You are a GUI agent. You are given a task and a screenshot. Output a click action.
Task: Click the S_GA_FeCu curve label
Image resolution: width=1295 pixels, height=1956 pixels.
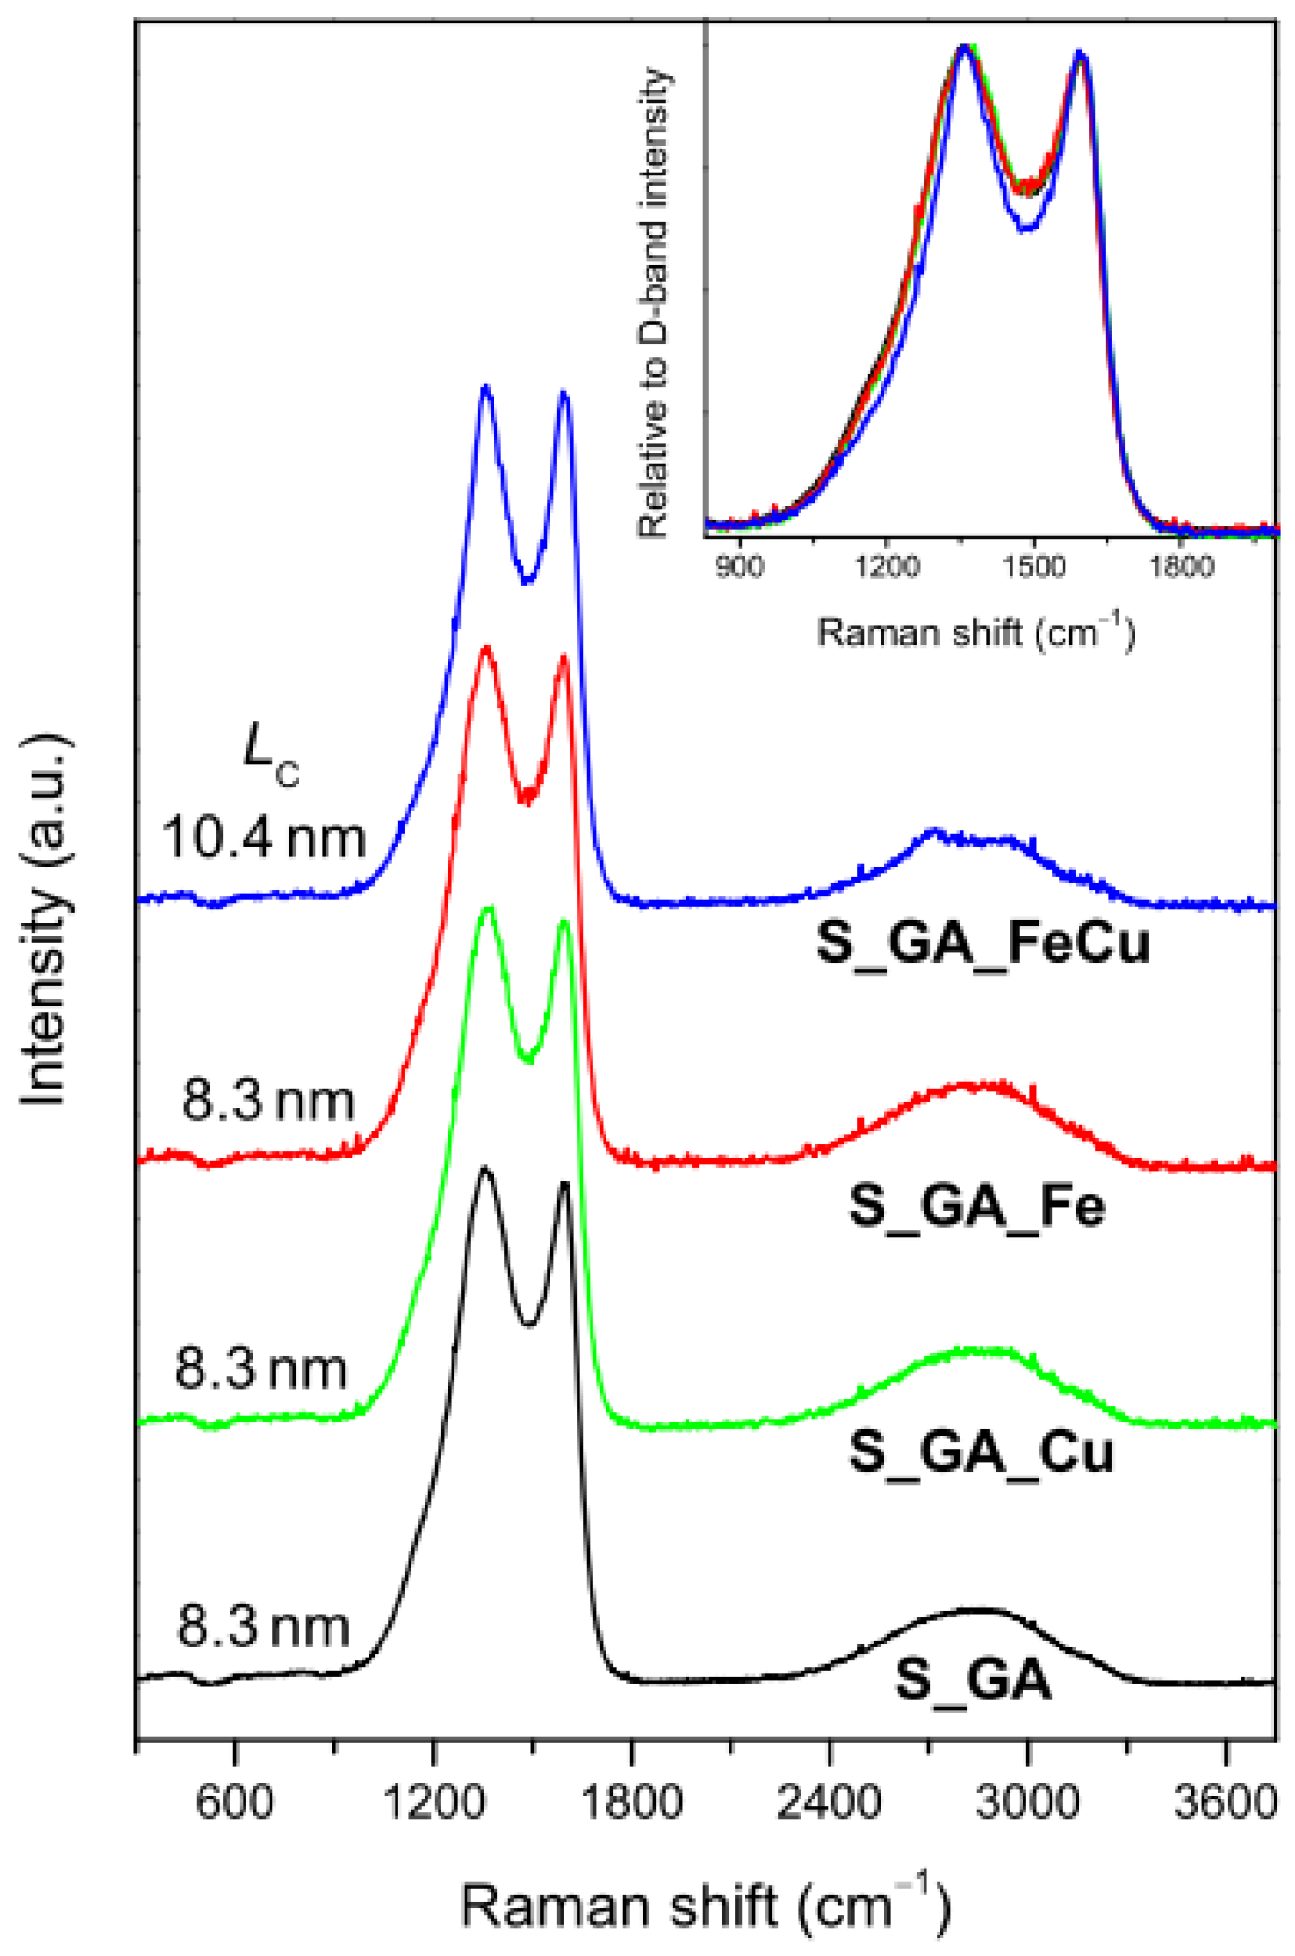[982, 942]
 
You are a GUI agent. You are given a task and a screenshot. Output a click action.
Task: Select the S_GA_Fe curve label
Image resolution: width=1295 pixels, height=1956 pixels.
[977, 1205]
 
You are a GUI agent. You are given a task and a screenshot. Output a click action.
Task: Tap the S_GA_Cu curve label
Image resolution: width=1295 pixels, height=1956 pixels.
[981, 1451]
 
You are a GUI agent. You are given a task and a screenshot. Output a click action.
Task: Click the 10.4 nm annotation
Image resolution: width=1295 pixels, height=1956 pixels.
[263, 837]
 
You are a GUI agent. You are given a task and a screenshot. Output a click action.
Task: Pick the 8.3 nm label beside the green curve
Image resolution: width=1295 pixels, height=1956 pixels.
[261, 1368]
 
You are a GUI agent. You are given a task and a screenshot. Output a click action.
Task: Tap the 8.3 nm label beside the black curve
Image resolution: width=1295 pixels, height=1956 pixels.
[263, 1627]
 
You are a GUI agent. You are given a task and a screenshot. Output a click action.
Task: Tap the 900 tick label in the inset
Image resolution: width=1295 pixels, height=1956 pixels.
[739, 566]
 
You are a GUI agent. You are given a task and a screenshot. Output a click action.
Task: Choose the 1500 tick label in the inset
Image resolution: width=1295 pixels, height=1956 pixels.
[1033, 566]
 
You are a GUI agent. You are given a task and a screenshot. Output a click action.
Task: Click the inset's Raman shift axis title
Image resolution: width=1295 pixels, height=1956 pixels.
[976, 633]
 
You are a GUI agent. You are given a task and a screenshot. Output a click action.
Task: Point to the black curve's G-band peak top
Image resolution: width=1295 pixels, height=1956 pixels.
[564, 1185]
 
